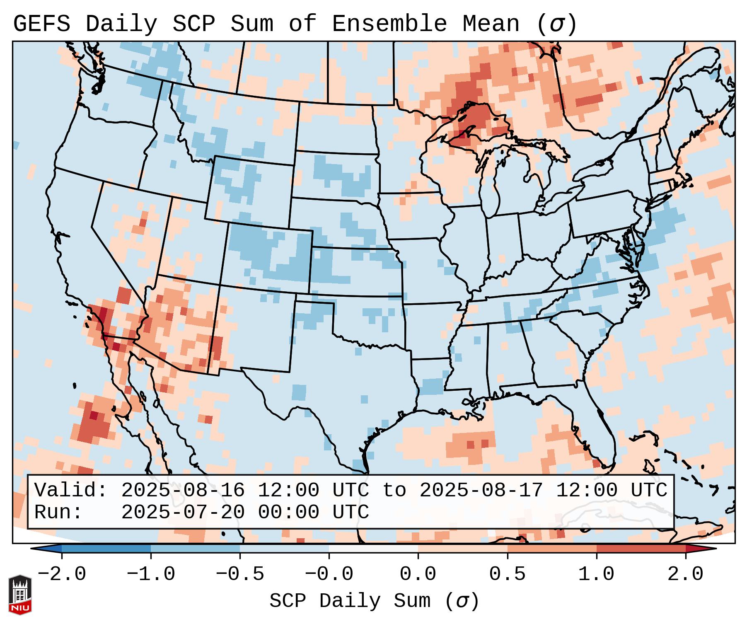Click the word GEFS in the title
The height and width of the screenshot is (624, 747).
[41, 24]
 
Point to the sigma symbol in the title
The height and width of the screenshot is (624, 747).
[556, 24]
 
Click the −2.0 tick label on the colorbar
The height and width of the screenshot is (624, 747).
[62, 574]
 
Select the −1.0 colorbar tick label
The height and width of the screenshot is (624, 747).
[151, 574]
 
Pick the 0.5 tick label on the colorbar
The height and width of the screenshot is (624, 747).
[507, 574]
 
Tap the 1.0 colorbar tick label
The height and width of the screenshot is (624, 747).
[596, 574]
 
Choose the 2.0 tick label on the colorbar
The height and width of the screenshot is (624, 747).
[685, 574]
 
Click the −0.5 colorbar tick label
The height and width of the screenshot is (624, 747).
[240, 574]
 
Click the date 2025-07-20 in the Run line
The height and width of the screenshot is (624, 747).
[183, 513]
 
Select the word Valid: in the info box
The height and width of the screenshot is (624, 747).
[71, 491]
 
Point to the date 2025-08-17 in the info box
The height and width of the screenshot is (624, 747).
[481, 491]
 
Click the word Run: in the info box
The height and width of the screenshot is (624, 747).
[58, 513]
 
